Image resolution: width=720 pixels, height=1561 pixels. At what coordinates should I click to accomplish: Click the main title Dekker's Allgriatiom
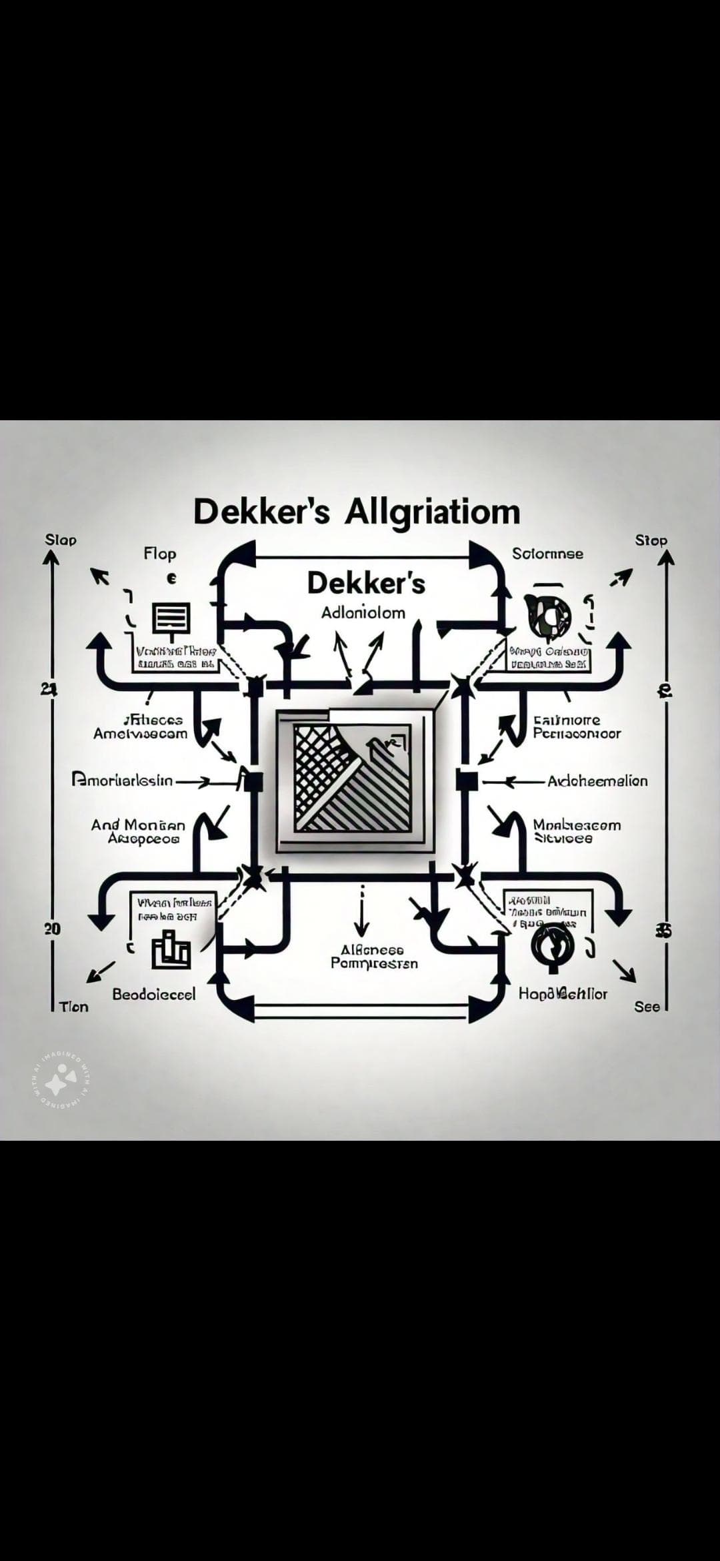point(356,512)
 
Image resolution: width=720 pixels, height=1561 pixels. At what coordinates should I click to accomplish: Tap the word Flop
point(160,554)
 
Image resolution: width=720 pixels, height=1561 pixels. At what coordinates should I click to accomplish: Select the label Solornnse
point(547,554)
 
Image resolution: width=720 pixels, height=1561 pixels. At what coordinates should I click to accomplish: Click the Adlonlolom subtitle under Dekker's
point(363,613)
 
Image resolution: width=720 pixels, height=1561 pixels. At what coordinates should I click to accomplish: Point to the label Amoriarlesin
point(122,780)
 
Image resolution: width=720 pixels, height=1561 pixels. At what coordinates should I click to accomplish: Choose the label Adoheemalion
point(597,780)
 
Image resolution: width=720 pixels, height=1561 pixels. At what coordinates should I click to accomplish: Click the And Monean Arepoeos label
point(139,831)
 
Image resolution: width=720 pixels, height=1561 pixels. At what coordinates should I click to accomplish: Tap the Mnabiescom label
point(577,831)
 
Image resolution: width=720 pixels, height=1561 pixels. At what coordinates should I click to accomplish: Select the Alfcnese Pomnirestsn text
point(374,957)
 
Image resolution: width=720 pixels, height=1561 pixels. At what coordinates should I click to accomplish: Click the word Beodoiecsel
point(154,994)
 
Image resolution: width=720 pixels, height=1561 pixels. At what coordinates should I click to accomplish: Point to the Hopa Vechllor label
point(563,994)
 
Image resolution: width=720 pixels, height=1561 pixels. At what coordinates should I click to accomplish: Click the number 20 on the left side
point(52,929)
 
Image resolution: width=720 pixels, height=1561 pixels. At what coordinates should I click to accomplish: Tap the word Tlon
point(73,1007)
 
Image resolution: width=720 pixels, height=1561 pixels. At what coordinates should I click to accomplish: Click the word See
point(647,1007)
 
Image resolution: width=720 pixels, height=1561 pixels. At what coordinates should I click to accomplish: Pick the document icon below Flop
point(173,618)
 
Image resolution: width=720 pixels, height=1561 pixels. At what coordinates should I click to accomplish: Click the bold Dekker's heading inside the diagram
point(366,584)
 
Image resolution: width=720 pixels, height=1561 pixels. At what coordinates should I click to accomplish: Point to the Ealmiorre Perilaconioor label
point(577,727)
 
